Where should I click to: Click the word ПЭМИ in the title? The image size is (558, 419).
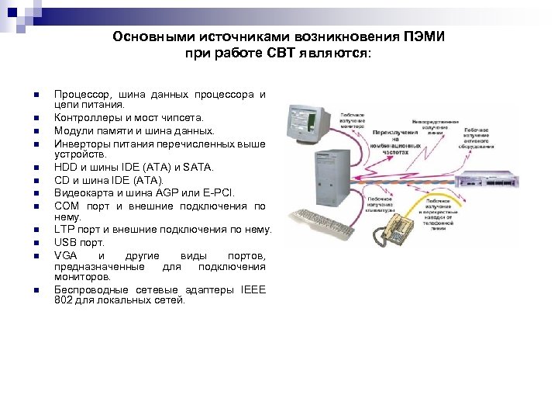click(x=424, y=37)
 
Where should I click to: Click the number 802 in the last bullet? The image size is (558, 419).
click(x=64, y=300)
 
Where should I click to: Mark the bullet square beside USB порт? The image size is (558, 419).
click(x=36, y=243)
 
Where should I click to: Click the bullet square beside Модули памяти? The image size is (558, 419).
click(x=36, y=130)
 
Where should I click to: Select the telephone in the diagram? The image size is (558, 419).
click(x=399, y=227)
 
